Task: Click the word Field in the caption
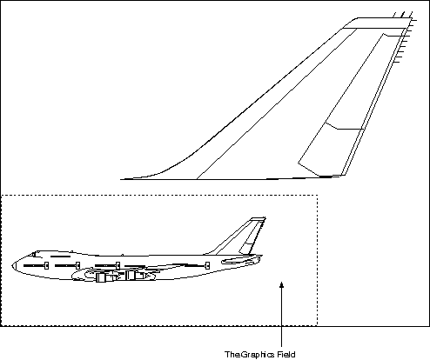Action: pyautogui.click(x=286, y=355)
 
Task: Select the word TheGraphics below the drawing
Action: pyautogui.click(x=250, y=355)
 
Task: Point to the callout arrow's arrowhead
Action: pyautogui.click(x=281, y=284)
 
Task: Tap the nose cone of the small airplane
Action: pyautogui.click(x=13, y=265)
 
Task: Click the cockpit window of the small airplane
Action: pyautogui.click(x=33, y=255)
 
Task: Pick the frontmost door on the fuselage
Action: pyautogui.click(x=46, y=265)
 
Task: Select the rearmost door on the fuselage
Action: pyautogui.click(x=207, y=265)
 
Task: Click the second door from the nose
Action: pyautogui.click(x=77, y=265)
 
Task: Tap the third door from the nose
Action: pyautogui.click(x=118, y=265)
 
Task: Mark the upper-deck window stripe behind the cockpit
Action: pyautogui.click(x=61, y=257)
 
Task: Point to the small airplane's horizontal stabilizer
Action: pyautogui.click(x=240, y=261)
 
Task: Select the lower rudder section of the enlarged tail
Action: pyautogui.click(x=329, y=150)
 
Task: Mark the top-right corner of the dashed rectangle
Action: pyautogui.click(x=317, y=196)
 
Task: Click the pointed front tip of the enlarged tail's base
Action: pyautogui.click(x=121, y=179)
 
